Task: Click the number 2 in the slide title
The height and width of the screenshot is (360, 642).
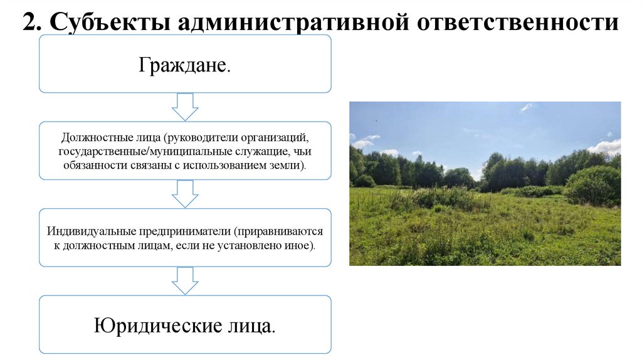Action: (29, 23)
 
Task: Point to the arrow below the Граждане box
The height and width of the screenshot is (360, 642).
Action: (185, 107)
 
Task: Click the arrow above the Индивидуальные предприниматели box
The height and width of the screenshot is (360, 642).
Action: (185, 193)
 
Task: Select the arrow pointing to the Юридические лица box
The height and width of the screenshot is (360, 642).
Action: (185, 280)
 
